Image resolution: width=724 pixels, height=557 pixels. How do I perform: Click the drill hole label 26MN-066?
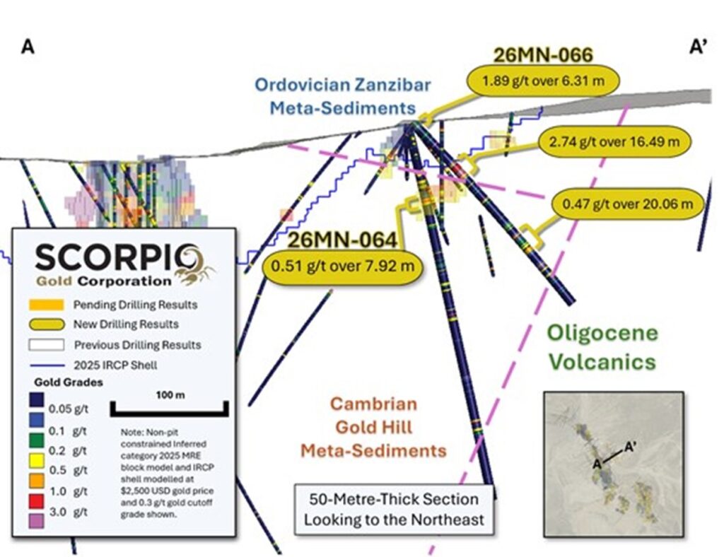(542, 54)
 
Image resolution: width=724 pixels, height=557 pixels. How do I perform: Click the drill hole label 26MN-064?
(342, 240)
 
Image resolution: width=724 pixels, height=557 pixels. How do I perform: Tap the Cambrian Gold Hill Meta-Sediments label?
(373, 427)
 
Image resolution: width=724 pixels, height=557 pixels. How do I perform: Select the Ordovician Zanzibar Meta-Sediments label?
(344, 97)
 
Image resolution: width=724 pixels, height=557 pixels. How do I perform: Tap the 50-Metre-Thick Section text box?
(394, 509)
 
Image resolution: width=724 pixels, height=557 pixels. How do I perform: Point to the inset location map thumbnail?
(612, 463)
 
